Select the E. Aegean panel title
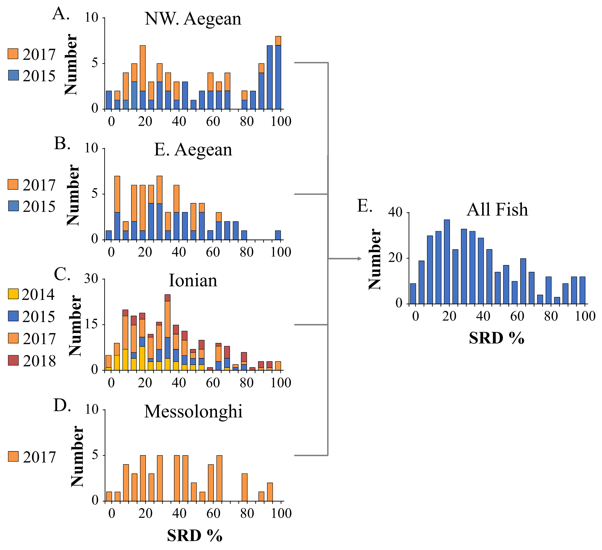[193, 149]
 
